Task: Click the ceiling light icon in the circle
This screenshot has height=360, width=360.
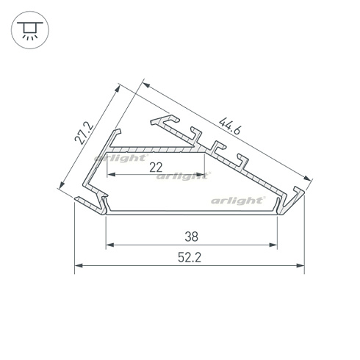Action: pyautogui.click(x=30, y=30)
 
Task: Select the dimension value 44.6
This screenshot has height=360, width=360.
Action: pyautogui.click(x=230, y=126)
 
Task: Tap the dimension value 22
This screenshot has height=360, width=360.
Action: pyautogui.click(x=156, y=168)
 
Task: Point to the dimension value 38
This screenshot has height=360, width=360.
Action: pyautogui.click(x=192, y=237)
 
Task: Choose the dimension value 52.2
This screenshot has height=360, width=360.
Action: pyautogui.click(x=190, y=258)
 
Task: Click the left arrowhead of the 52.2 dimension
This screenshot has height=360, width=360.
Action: pyautogui.click(x=79, y=265)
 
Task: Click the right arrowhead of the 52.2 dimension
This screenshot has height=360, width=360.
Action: pyautogui.click(x=300, y=265)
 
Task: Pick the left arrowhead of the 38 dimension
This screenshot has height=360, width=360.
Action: pyautogui.click(x=110, y=245)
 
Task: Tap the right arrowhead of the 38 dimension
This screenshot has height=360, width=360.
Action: pyautogui.click(x=273, y=245)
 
